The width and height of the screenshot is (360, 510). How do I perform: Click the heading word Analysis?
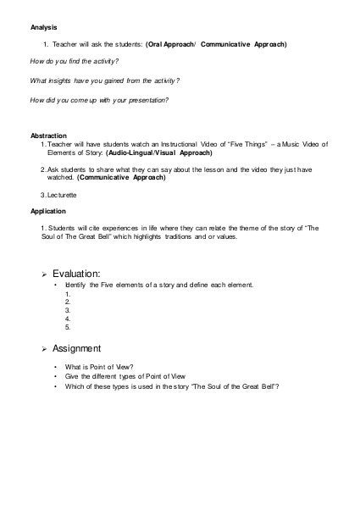pos(44,27)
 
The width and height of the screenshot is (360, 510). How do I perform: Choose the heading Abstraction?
pos(49,136)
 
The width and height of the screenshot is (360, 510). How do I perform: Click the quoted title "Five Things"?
pos(227,145)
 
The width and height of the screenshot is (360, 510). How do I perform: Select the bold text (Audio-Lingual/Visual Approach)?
pos(158,153)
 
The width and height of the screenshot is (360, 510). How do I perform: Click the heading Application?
pos(48,212)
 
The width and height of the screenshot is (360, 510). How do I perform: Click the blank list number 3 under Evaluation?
pos(67,310)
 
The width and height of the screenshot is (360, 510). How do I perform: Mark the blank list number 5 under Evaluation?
pos(67,326)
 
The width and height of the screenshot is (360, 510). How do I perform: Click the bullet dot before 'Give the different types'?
pos(55,376)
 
